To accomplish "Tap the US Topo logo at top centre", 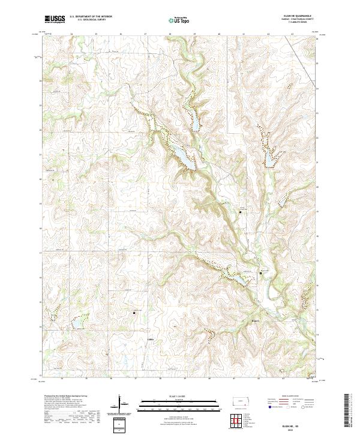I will [x=179, y=20].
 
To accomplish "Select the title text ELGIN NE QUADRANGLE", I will [x=299, y=16].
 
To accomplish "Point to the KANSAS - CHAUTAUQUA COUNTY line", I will [x=299, y=19].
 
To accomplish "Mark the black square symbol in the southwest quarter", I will [x=134, y=313].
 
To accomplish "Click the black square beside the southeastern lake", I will [x=260, y=273].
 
